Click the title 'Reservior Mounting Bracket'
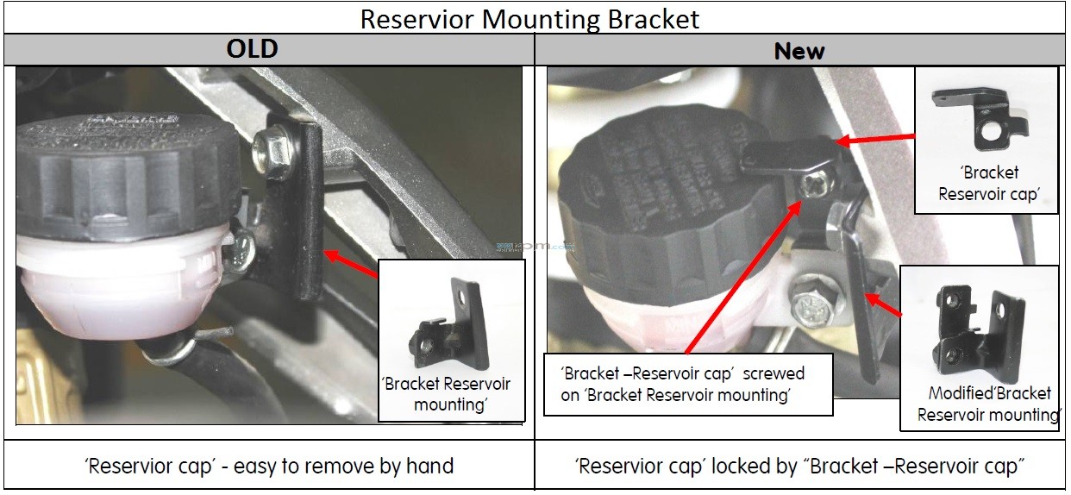coord(529,19)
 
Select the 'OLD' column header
coord(252,49)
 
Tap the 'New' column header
coord(799,51)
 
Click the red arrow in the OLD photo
coord(351,264)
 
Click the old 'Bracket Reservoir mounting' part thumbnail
coord(449,325)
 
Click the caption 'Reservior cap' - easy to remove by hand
coord(269,466)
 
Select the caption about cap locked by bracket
coord(799,466)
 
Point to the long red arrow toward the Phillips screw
coord(743,277)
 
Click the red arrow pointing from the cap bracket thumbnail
coord(875,139)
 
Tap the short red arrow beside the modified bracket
coord(884,304)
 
